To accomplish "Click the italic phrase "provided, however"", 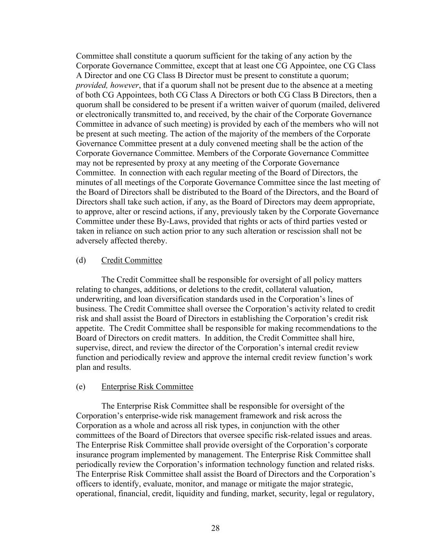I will coord(107,85).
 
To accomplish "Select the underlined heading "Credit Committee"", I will coord(132,260).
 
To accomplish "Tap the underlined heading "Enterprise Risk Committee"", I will coord(147,387).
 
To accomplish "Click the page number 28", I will coord(215,528).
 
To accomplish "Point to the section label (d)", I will coord(80,260).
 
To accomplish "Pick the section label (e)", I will coord(80,387).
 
